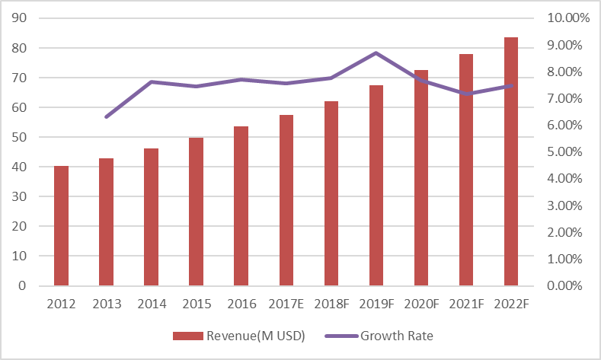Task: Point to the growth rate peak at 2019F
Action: (376, 53)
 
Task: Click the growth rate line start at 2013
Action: (107, 117)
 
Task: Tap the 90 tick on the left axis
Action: (21, 18)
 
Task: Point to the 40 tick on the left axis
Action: (21, 167)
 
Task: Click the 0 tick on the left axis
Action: (24, 286)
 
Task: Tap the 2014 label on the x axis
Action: (152, 304)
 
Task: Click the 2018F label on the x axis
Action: (331, 304)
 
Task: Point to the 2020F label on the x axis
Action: (421, 304)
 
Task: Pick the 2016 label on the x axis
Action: (241, 304)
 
